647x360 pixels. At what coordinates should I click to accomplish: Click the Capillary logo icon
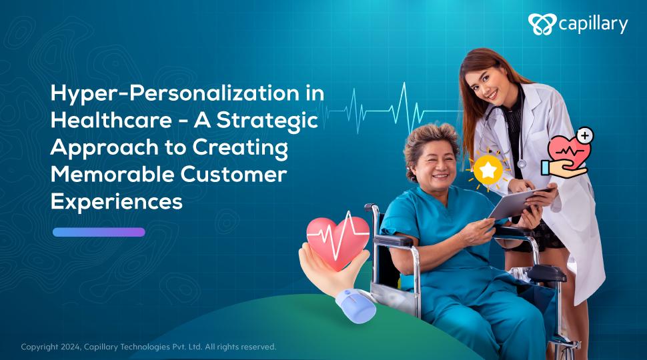(x=542, y=24)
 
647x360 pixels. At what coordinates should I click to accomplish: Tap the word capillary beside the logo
(x=594, y=24)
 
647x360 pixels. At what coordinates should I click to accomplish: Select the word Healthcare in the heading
(x=111, y=121)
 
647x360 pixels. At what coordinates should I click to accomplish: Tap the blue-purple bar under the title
(x=99, y=232)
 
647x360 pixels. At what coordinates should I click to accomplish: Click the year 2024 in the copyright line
(x=71, y=347)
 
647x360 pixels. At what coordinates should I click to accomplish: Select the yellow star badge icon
(x=488, y=169)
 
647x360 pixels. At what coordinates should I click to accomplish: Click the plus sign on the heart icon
(x=585, y=135)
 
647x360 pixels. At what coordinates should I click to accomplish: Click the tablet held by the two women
(x=521, y=203)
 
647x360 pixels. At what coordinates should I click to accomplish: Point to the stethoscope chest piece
(x=522, y=164)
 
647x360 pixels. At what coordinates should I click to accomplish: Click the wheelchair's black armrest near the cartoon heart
(x=392, y=240)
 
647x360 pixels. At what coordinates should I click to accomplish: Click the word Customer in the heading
(x=233, y=174)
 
